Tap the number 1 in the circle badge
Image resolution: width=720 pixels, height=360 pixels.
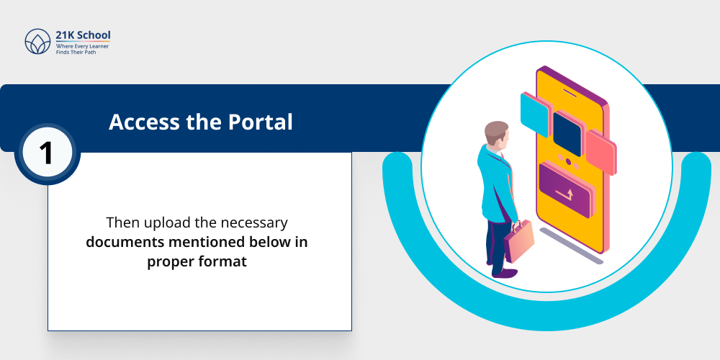47,153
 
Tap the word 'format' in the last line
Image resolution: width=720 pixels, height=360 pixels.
220,261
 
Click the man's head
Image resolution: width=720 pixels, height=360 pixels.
496,135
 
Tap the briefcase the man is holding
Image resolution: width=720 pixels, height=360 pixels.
518,240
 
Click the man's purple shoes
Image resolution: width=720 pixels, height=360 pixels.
506,273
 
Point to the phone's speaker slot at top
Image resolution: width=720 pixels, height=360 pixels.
570,92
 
